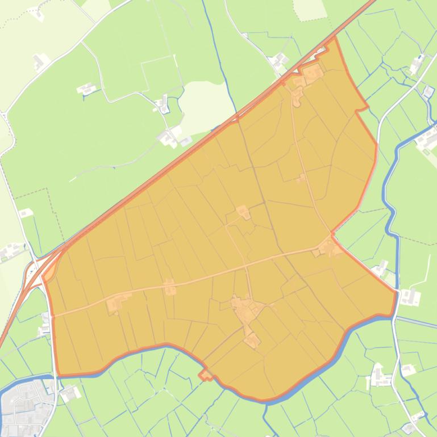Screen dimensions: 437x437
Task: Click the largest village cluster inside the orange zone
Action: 247,310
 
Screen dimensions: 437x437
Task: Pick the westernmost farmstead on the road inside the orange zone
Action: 117,304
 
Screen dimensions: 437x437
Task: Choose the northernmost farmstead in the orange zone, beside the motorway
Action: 311,73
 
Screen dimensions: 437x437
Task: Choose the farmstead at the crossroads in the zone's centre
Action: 243,212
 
